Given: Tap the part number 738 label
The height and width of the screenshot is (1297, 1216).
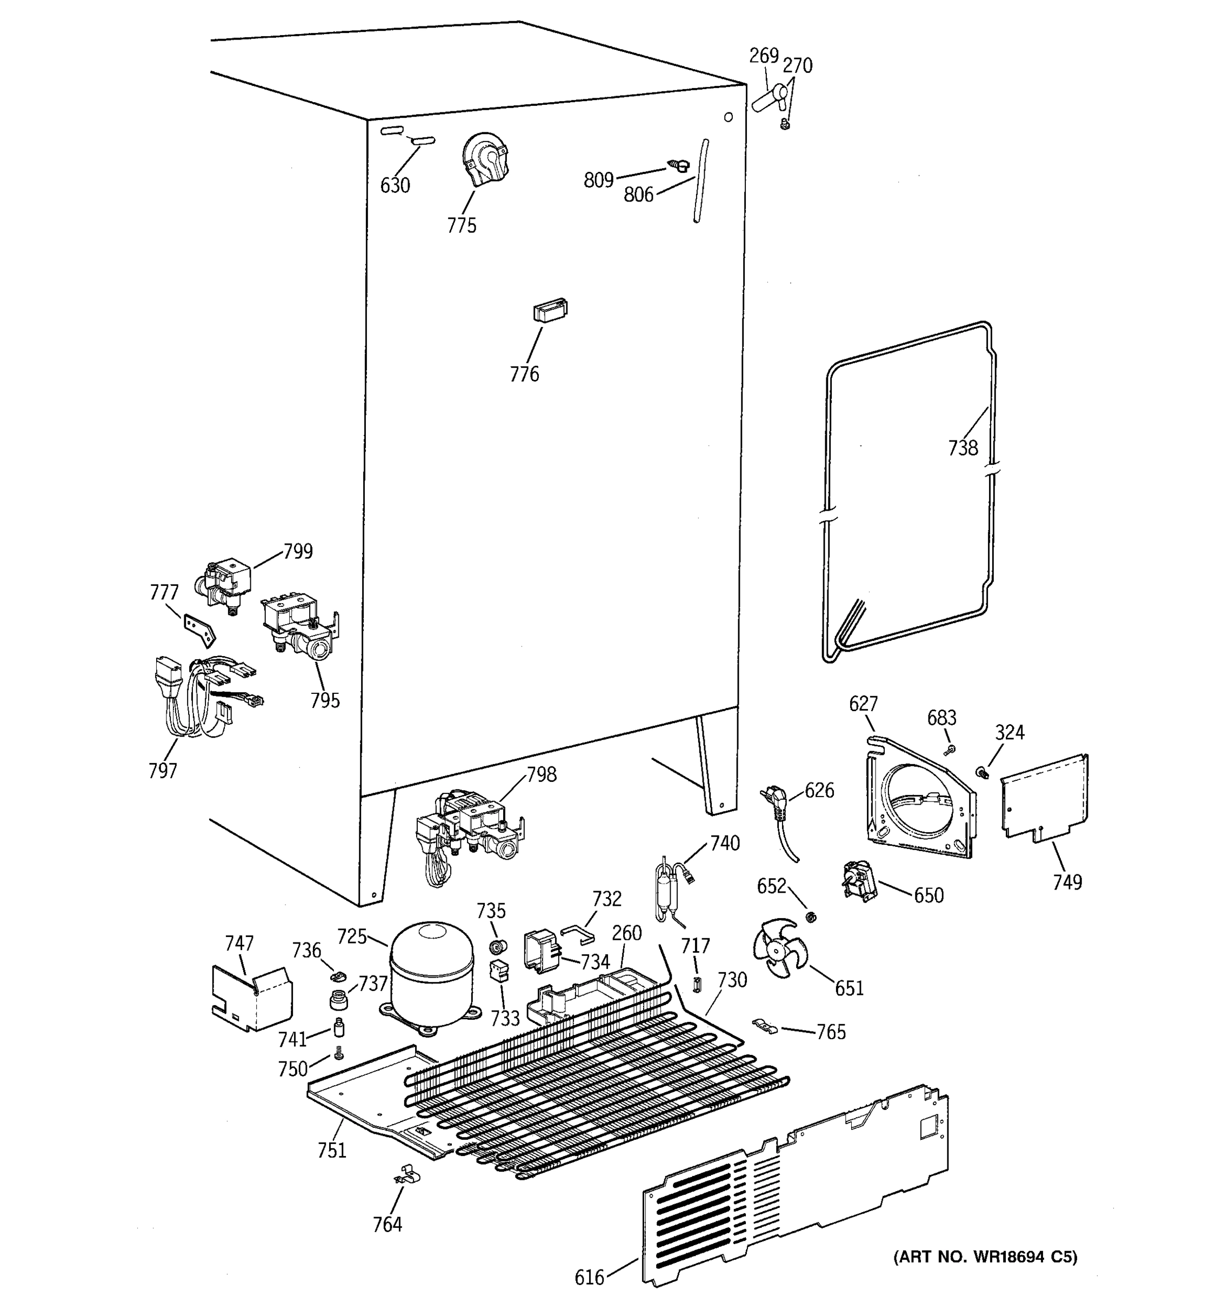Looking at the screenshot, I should (963, 447).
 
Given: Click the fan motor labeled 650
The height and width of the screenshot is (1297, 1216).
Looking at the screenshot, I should (859, 880).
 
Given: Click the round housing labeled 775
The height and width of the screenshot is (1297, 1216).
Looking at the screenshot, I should (484, 159).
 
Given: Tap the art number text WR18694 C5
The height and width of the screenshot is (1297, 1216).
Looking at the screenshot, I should (985, 1256).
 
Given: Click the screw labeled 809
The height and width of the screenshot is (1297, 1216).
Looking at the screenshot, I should (678, 166).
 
